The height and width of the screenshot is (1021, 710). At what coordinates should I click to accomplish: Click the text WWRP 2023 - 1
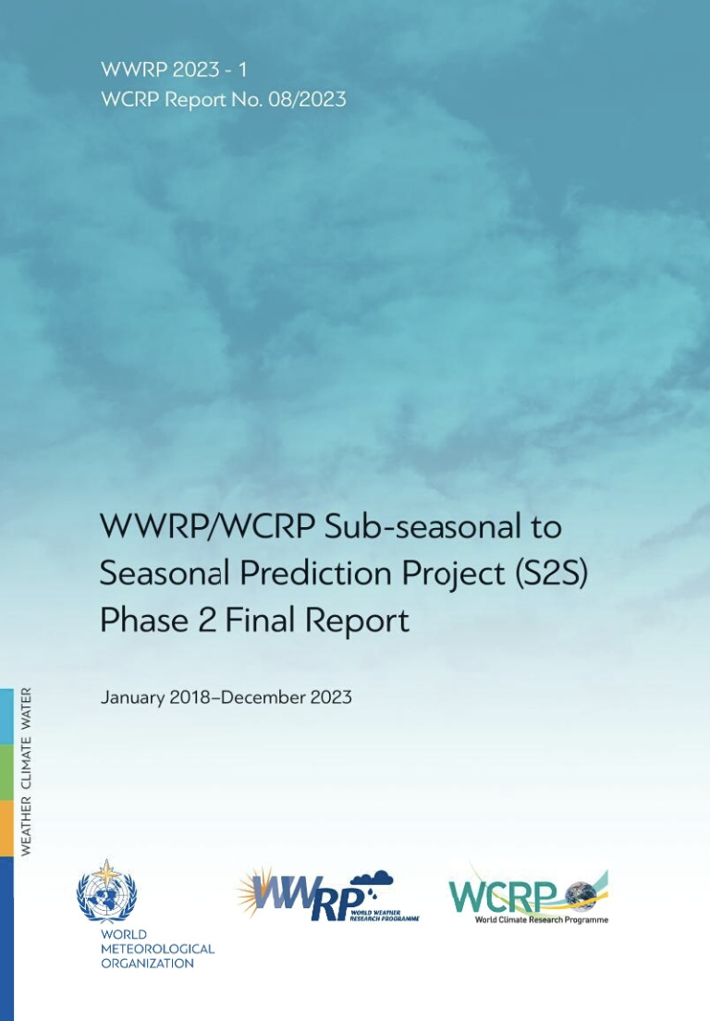[174, 68]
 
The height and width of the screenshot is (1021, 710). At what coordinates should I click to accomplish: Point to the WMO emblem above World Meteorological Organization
[106, 892]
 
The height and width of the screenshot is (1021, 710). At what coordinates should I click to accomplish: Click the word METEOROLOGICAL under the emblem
[157, 949]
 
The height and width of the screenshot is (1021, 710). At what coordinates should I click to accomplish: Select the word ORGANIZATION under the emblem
[148, 963]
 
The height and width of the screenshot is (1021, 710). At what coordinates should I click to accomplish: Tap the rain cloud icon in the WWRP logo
[374, 884]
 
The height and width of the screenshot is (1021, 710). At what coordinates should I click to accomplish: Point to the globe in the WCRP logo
[581, 893]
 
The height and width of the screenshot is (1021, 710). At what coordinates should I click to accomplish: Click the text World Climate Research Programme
[542, 919]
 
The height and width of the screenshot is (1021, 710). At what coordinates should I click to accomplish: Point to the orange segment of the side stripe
[6, 828]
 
